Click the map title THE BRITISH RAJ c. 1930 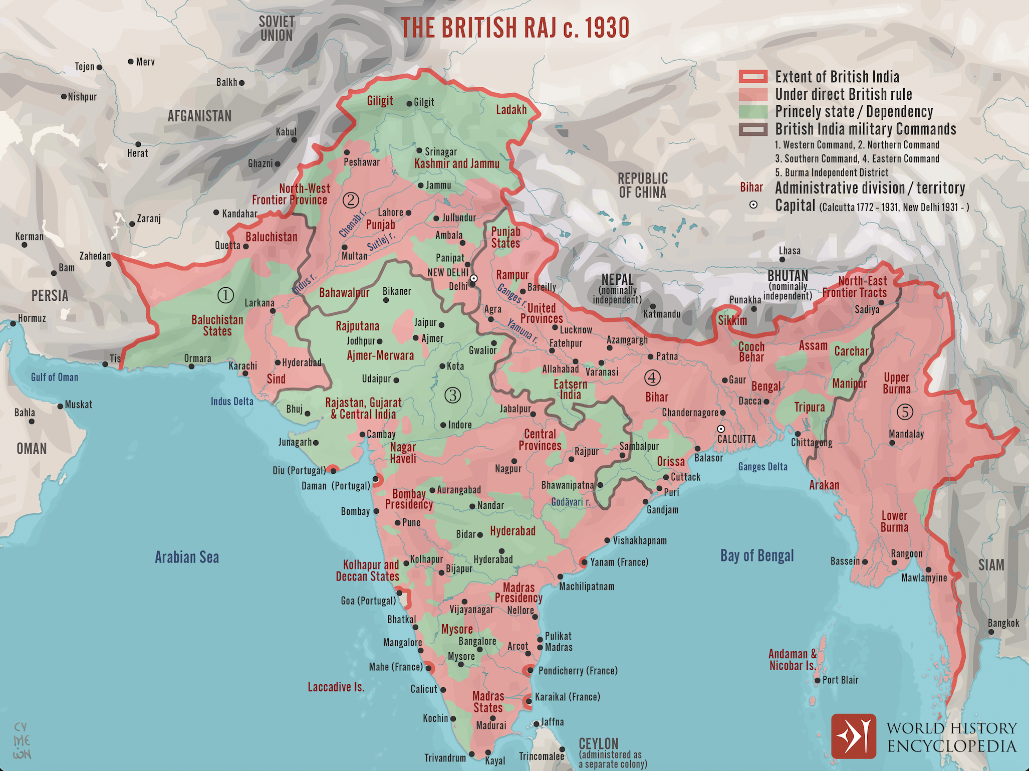(514, 28)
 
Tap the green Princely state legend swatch (753, 111)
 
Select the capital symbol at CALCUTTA (721, 429)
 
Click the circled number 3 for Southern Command (452, 396)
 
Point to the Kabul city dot (294, 140)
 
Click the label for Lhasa (790, 251)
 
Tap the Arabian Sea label (187, 557)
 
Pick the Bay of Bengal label (757, 555)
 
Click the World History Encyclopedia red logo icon (854, 736)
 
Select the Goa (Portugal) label (368, 601)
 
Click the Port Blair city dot (818, 680)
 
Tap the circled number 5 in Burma (904, 412)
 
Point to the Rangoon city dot (895, 562)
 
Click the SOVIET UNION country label (277, 29)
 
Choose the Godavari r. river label (571, 502)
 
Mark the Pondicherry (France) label (578, 671)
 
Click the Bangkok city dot (991, 632)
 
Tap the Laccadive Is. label (336, 687)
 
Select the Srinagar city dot (419, 150)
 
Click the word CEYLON (598, 743)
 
